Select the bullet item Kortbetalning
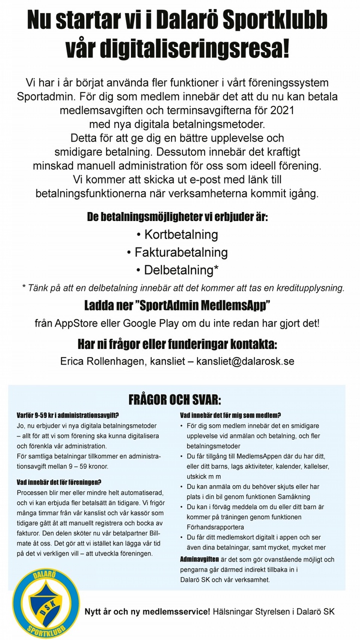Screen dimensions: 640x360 click(177, 234)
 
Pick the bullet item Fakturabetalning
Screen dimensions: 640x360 click(177, 252)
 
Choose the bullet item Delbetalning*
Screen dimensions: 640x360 click(177, 270)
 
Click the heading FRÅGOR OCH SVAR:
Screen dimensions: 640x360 click(174, 400)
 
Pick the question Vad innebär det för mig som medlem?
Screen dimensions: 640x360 click(230, 415)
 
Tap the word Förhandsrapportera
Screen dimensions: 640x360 click(215, 526)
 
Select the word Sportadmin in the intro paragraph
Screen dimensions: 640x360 click(50, 95)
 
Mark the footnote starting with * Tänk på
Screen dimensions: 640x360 click(183, 287)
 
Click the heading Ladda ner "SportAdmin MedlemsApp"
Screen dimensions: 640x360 click(177, 305)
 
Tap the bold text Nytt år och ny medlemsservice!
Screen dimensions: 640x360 click(147, 611)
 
